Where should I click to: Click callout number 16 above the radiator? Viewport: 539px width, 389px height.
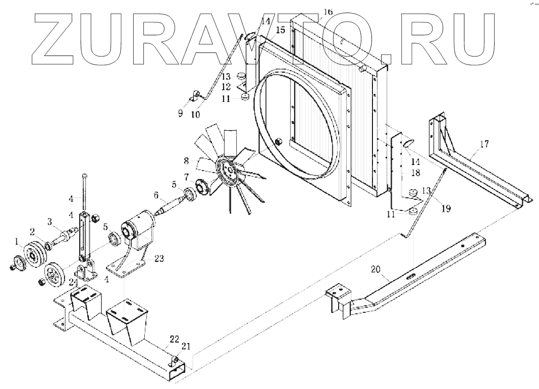click(328, 12)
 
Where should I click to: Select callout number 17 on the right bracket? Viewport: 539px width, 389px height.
click(484, 145)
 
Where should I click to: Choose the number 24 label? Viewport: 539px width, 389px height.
click(74, 282)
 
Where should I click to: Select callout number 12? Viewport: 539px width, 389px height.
click(226, 87)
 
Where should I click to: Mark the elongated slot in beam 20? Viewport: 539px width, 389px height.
click(410, 276)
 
